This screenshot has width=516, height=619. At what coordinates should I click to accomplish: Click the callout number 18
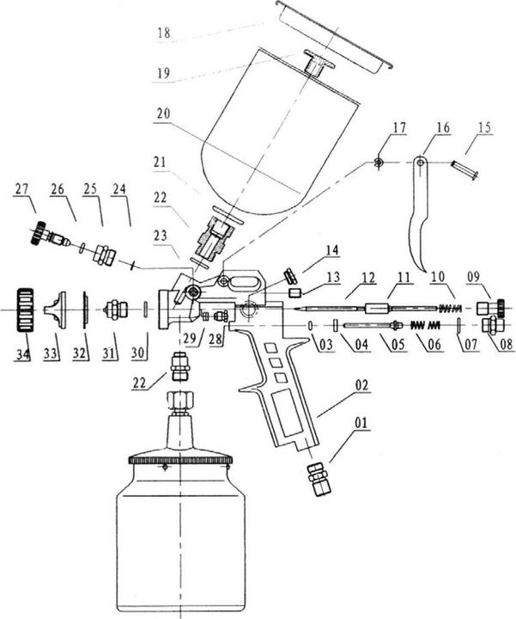tap(164, 34)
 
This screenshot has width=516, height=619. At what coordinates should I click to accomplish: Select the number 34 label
tap(23, 353)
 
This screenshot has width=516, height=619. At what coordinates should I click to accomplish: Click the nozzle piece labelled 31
tap(115, 308)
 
